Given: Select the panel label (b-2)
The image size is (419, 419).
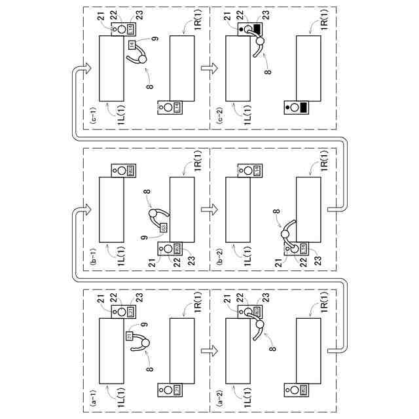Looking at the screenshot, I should point(218,264).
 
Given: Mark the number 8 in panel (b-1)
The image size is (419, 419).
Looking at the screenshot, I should point(145,193).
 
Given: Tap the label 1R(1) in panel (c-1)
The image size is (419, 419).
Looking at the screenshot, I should point(199,24).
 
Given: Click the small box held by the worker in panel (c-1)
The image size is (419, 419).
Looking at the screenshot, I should point(131,44).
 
